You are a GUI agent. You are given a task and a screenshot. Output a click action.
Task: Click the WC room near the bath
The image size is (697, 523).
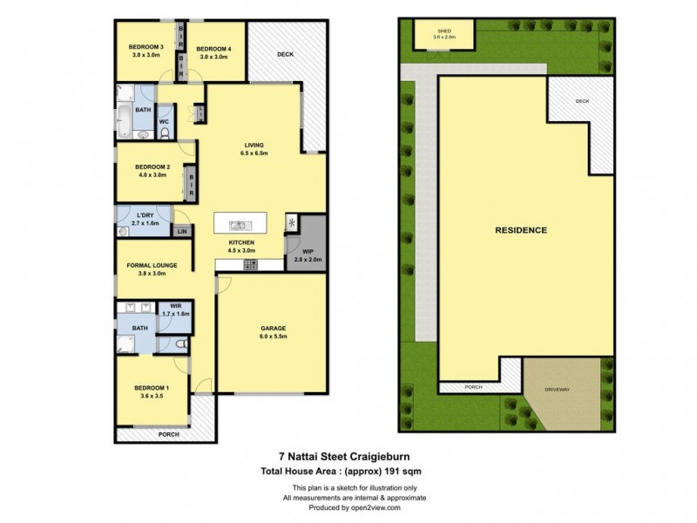[164, 121]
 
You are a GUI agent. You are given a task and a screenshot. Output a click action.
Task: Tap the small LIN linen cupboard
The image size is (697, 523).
[182, 231]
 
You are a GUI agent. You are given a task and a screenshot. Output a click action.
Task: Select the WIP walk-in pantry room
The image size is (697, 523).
[308, 255]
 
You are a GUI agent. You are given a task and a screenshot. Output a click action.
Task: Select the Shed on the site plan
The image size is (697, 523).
[445, 35]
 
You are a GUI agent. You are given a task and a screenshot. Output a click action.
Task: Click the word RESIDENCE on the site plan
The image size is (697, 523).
[521, 230]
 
